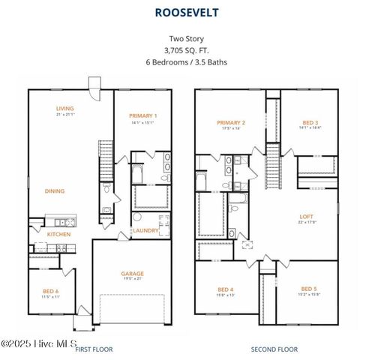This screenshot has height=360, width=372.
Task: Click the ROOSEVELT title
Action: tap(186, 12)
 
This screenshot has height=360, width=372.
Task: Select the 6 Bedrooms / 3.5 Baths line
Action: tap(186, 62)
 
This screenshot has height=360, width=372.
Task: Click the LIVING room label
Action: tap(64, 109)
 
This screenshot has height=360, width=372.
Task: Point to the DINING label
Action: tap(54, 191)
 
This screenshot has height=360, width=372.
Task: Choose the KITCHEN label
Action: tap(58, 235)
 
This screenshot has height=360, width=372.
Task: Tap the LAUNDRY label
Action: tap(145, 231)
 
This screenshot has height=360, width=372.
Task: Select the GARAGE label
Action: tap(132, 274)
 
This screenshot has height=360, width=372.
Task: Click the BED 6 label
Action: tap(51, 293)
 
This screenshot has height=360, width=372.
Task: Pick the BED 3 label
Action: tap(310, 122)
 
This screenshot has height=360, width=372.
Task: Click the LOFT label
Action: tap(309, 215)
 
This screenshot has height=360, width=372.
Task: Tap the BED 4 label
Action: tap(225, 289)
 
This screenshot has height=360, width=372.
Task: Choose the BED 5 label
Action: tap(309, 289)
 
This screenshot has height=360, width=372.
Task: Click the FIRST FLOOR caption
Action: tap(93, 349)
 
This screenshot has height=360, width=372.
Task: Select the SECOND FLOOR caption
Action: tap(274, 349)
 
